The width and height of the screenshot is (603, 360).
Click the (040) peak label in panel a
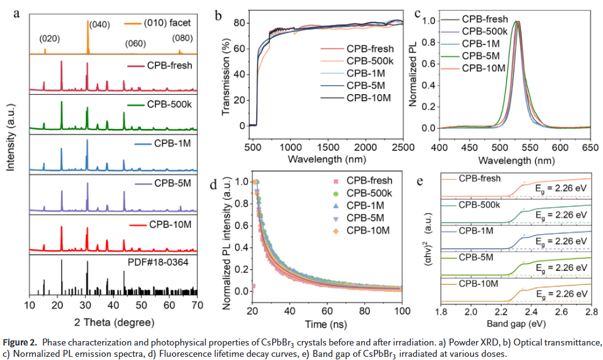pyautogui.click(x=100, y=25)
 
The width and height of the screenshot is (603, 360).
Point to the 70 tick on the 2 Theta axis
pyautogui.click(x=197, y=305)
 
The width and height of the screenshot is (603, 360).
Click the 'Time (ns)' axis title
pyautogui.click(x=327, y=325)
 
